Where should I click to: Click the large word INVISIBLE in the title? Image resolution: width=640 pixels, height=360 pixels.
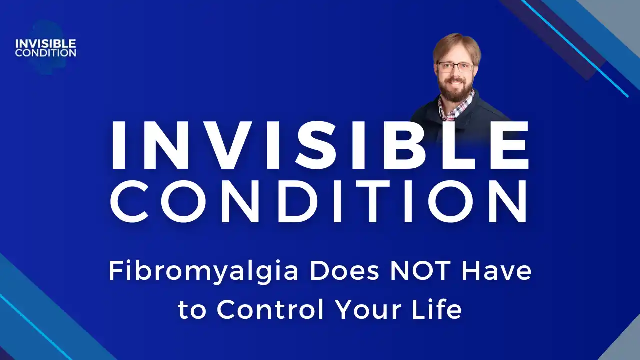click(320, 145)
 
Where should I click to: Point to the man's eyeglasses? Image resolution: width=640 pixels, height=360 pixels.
click(455, 67)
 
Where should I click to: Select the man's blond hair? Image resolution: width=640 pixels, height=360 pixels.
click(456, 45)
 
